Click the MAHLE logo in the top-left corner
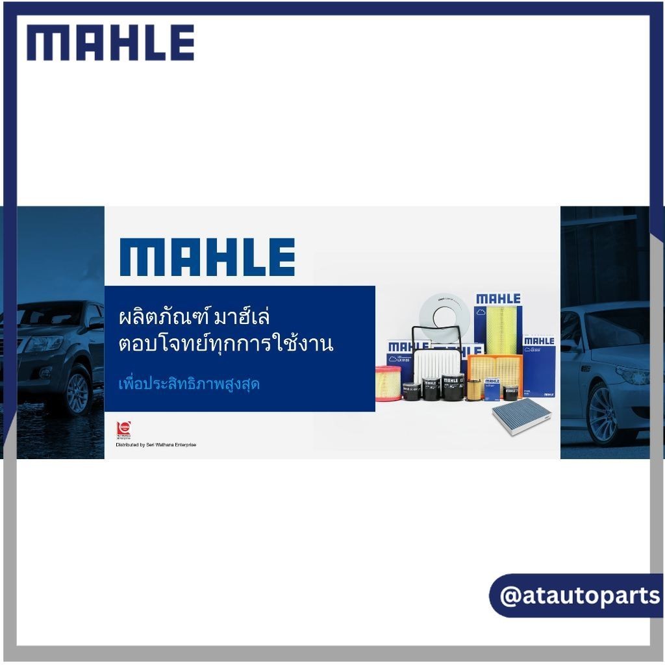point(110,43)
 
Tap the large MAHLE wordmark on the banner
point(207,257)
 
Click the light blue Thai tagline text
point(189,383)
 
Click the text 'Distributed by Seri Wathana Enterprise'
point(156,445)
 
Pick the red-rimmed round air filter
point(389,383)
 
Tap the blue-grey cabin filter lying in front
point(520,416)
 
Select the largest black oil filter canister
point(452,388)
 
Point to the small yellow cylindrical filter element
point(475,390)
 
